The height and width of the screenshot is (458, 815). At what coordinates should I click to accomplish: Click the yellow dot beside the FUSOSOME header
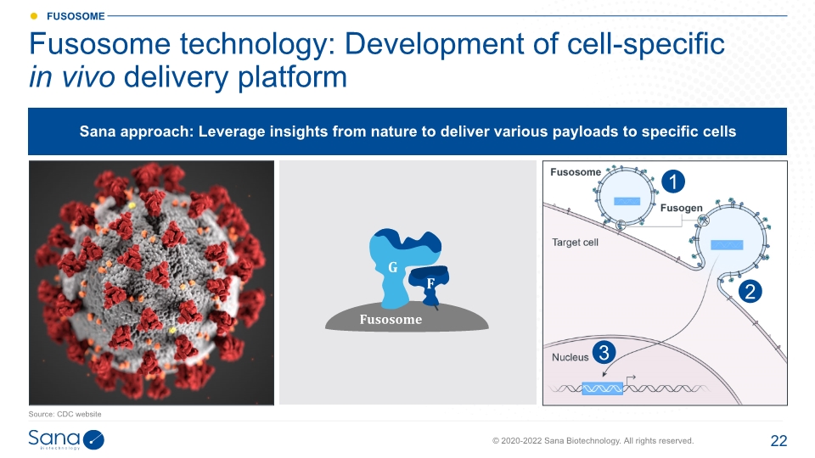(x=34, y=16)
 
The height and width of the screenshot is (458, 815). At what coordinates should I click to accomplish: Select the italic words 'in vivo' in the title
(x=71, y=77)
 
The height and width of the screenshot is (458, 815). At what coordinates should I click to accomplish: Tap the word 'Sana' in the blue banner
(x=97, y=131)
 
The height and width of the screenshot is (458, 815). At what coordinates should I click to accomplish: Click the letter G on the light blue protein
(x=393, y=267)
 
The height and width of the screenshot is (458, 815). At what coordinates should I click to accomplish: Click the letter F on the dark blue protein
(x=430, y=283)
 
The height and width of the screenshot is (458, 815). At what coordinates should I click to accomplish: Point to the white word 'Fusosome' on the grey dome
(x=391, y=320)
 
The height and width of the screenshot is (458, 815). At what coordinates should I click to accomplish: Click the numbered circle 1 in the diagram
(x=673, y=182)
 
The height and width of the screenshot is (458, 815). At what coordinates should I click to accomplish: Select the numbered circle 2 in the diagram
(x=750, y=291)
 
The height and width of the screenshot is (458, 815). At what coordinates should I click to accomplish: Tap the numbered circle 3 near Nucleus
(x=604, y=353)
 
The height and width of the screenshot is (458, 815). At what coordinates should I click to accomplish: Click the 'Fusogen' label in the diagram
(x=682, y=208)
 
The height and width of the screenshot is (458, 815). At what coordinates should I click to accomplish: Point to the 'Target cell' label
(x=575, y=242)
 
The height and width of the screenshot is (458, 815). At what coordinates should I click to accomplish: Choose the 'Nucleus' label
(x=570, y=357)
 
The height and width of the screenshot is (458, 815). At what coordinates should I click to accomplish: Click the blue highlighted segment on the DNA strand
(x=603, y=388)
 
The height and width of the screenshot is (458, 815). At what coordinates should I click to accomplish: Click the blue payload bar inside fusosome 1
(x=627, y=202)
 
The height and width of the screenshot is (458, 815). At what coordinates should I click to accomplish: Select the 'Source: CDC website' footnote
(x=65, y=414)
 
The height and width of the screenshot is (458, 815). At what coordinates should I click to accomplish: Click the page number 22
(x=778, y=441)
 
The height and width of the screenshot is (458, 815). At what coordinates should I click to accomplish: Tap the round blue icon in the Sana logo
(x=93, y=440)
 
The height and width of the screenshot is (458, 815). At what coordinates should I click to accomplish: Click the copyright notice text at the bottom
(x=593, y=441)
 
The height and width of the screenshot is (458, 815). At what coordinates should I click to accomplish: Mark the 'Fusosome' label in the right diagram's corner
(x=576, y=172)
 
